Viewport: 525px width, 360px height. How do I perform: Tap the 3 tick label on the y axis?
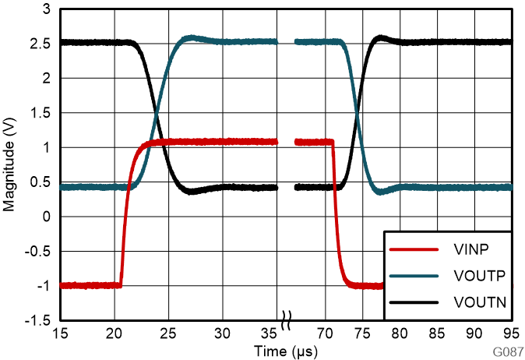click(x=46, y=9)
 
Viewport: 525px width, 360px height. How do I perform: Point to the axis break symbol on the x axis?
click(x=287, y=319)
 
